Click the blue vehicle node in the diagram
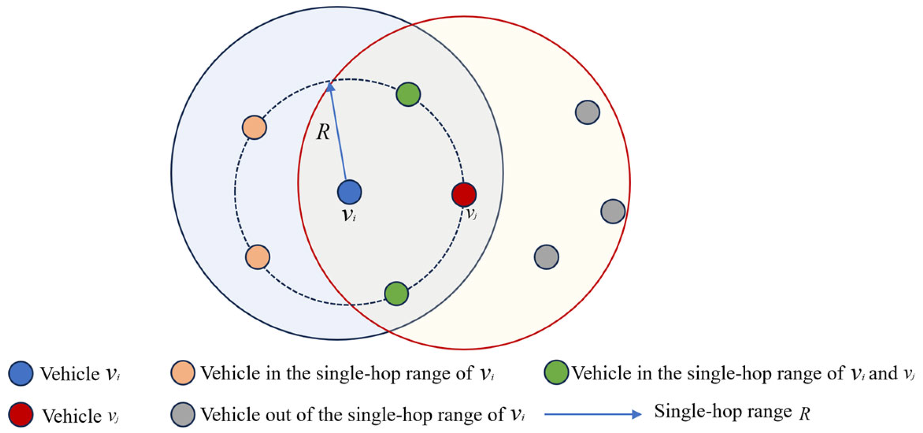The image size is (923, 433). pos(349,192)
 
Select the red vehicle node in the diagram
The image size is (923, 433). pos(464,194)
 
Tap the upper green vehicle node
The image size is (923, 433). pos(408,94)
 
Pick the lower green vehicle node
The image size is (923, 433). pos(396,294)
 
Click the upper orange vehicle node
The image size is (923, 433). pos(254,127)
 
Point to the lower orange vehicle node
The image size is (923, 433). pos(257,257)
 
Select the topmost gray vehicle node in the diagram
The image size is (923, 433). pos(587,112)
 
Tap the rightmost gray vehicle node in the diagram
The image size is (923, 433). pos(613,211)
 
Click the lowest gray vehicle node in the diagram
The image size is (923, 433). pos(546,257)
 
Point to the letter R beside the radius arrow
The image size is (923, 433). pos(323,132)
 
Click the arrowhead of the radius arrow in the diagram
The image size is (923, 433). pos(330,87)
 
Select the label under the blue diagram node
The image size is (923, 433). pos(349,215)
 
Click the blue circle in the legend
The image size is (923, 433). pos(21,373)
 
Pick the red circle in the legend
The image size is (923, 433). pos(21,415)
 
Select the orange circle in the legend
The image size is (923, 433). pos(183,372)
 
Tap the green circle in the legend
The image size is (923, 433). pos(556,372)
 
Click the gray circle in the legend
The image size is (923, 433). pos(183,415)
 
